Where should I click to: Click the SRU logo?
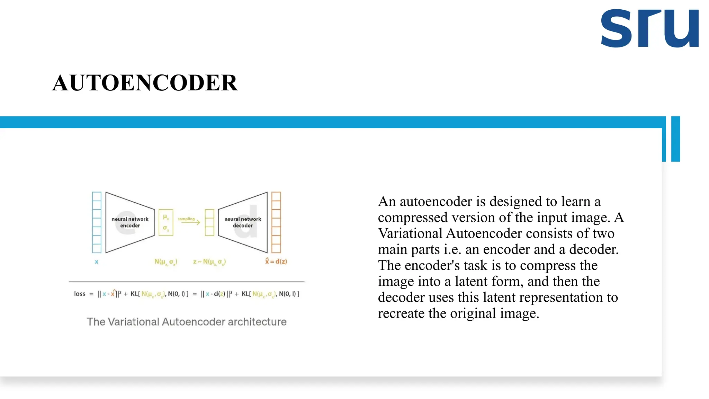[x=649, y=28]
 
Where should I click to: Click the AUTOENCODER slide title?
[x=145, y=83]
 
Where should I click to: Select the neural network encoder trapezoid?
[x=130, y=222]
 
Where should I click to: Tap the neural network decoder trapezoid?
[x=243, y=222]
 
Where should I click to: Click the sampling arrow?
[x=189, y=222]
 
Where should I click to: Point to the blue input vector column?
[x=97, y=222]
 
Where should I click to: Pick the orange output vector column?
[x=276, y=222]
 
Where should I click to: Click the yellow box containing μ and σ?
[x=166, y=222]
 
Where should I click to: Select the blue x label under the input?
[x=97, y=262]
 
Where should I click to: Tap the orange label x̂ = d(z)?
[x=276, y=261]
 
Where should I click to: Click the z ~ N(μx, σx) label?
[x=209, y=262]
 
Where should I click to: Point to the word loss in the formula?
[x=80, y=294]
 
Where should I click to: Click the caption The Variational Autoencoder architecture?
[x=187, y=322]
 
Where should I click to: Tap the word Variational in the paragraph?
[x=410, y=233]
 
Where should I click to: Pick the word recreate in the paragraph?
[x=401, y=313]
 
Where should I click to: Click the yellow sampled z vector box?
[x=209, y=222]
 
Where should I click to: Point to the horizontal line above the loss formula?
[x=187, y=282]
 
